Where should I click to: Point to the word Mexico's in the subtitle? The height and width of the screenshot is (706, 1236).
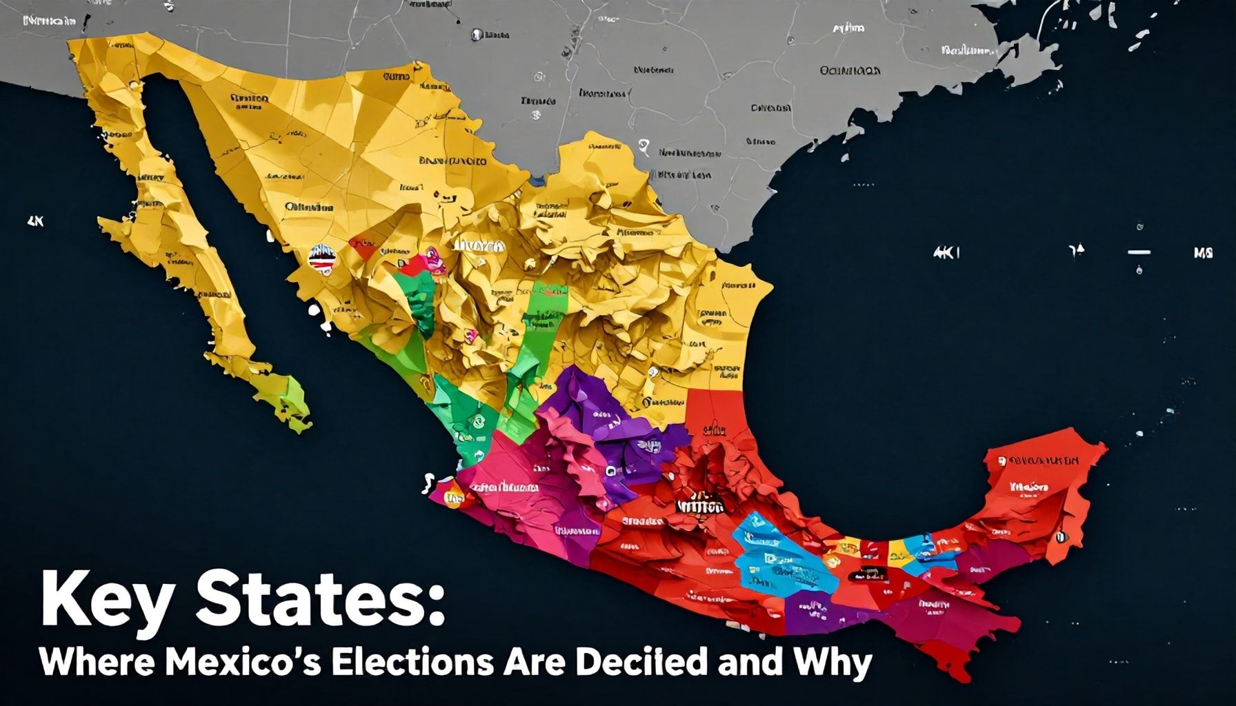(x=244, y=663)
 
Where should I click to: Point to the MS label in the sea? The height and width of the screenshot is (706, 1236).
(x=1203, y=253)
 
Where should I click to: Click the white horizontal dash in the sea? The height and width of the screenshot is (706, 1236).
(x=1139, y=252)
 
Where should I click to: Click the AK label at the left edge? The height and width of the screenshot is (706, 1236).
(x=35, y=222)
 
